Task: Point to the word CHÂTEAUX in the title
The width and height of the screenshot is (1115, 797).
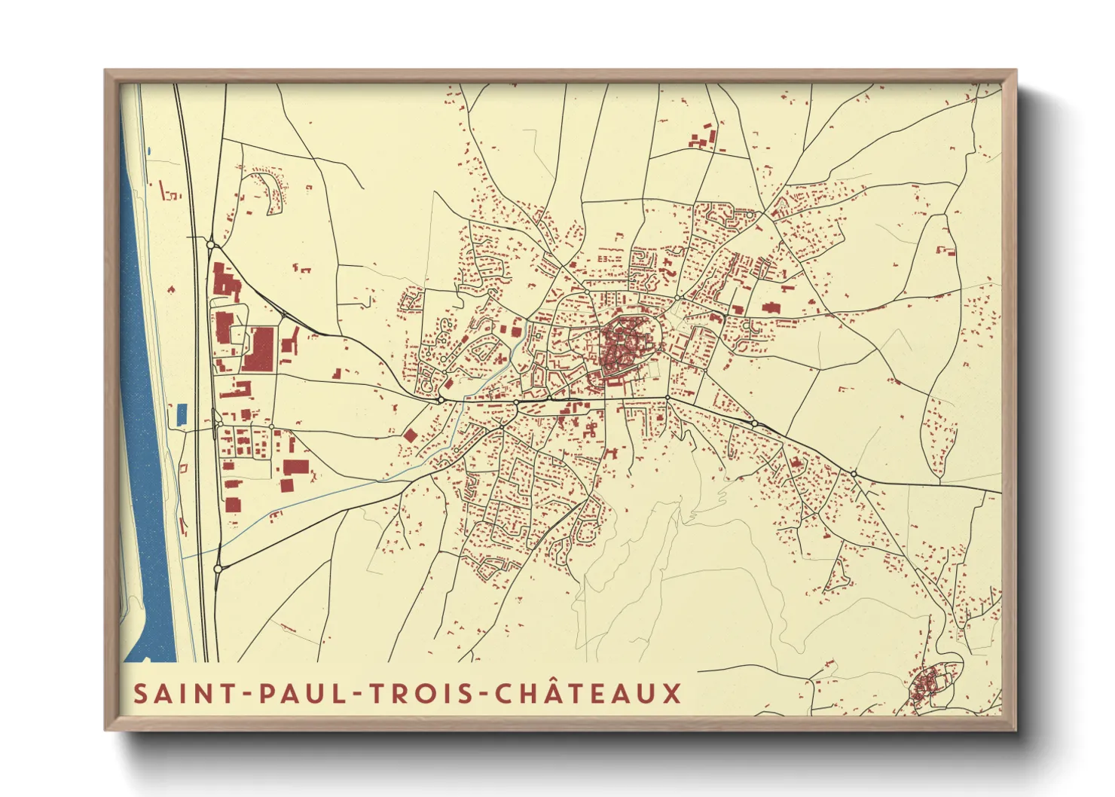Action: [588, 693]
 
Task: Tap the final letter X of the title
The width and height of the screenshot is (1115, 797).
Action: [672, 693]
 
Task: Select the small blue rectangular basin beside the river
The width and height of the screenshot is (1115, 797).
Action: [182, 414]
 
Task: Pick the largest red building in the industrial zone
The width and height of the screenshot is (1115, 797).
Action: [260, 349]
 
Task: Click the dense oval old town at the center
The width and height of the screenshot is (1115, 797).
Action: [625, 347]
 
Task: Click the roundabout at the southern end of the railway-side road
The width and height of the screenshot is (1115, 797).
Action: [218, 569]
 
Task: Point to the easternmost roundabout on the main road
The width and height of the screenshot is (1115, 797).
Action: [854, 473]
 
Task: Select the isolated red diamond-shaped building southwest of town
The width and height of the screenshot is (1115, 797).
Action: [410, 435]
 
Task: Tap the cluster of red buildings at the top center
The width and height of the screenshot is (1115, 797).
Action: [704, 139]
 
